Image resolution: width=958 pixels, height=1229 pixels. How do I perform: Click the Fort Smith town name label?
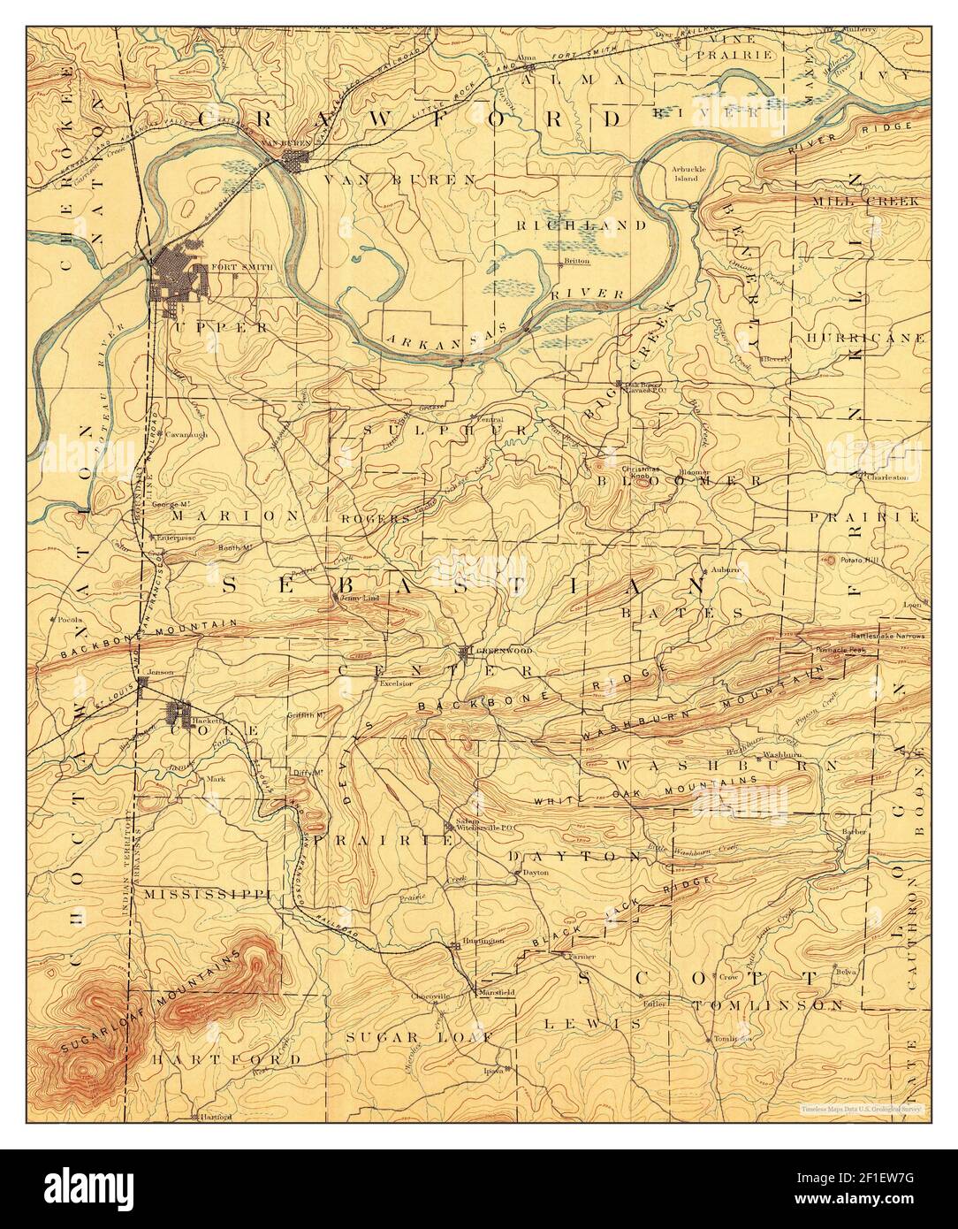pos(230,266)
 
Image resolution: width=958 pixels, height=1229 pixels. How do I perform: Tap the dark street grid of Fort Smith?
pos(177,275)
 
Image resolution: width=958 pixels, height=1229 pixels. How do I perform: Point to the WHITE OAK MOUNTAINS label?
pos(644,792)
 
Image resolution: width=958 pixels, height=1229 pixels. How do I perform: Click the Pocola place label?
pos(72,619)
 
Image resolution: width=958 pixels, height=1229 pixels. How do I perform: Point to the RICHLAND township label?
pos(582,225)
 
